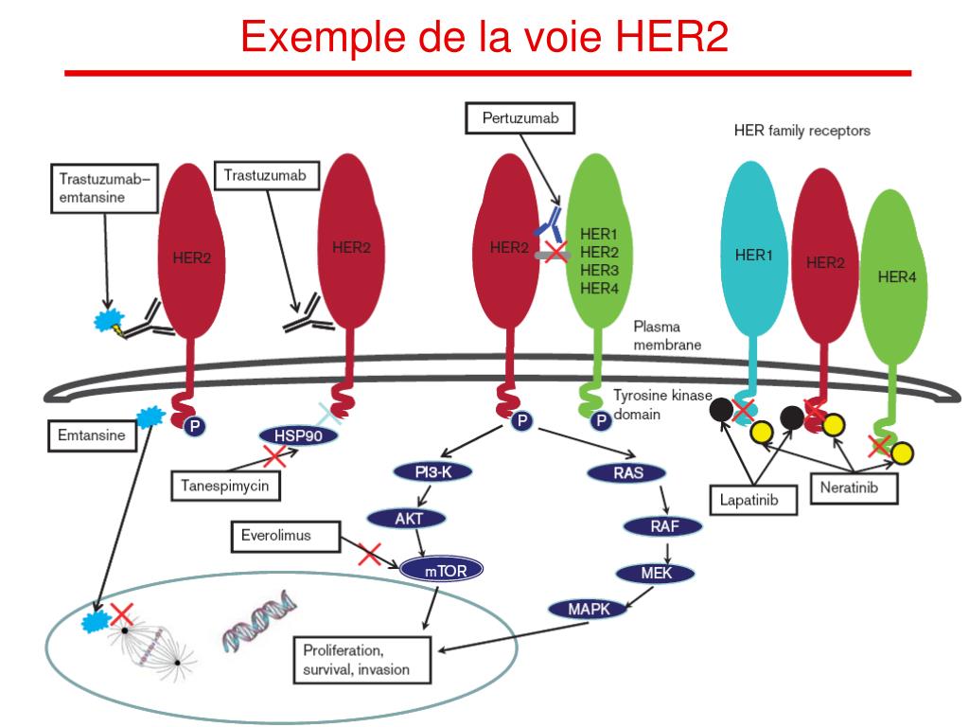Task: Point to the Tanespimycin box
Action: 226,486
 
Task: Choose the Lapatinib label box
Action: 753,499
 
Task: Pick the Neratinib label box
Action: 854,488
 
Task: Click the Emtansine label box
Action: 86,436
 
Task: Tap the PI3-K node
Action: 431,471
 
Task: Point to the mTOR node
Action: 441,569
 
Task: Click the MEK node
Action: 655,572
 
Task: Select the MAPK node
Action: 588,609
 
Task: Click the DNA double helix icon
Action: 257,623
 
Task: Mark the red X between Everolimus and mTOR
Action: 370,554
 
